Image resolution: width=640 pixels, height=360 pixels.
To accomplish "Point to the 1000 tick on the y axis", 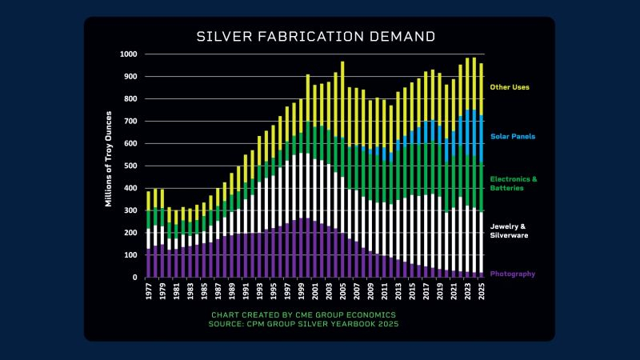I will point(128,54).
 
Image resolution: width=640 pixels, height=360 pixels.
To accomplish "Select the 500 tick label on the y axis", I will point(130,166).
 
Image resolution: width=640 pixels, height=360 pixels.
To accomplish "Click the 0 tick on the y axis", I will point(135,278).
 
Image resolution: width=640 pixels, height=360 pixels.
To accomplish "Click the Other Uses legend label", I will point(509,86).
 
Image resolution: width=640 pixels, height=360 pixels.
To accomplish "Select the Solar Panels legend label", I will point(513,136).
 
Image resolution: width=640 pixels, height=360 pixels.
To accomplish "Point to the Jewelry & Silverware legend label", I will point(510,230).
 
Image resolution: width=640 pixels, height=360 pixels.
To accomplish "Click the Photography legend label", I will point(513,274).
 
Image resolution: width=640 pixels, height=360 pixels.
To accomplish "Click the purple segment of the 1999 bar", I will point(301,248).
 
